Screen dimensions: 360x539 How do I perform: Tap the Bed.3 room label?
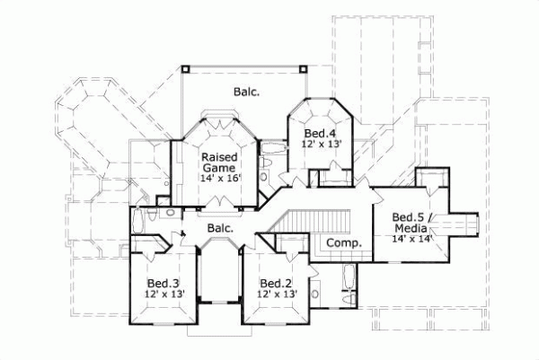click(163, 282)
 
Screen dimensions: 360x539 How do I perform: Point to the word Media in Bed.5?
click(411, 227)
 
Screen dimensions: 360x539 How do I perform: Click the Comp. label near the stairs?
click(343, 243)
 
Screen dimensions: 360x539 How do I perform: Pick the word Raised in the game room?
click(218, 155)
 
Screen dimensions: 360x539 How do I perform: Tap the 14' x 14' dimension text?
click(412, 238)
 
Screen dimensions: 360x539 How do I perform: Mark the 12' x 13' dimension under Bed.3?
click(163, 294)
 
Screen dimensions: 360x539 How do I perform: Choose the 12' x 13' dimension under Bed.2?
click(277, 294)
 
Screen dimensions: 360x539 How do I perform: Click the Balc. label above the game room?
click(247, 91)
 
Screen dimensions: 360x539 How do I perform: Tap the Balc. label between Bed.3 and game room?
click(220, 228)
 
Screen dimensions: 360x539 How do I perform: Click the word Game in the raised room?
click(218, 167)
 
